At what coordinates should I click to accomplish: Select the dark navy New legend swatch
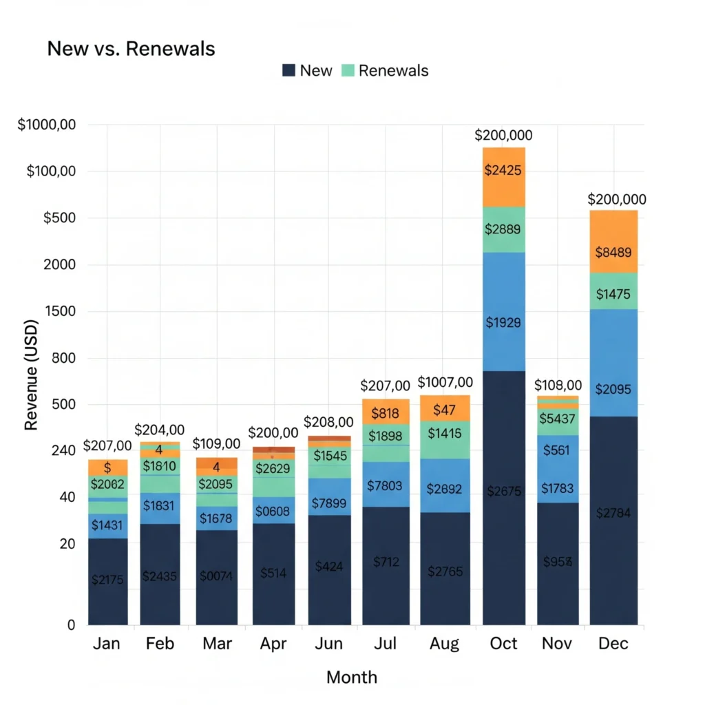tap(289, 70)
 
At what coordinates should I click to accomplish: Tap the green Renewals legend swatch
tap(348, 70)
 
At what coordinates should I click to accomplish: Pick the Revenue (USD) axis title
tap(31, 375)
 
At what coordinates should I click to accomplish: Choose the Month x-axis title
tap(352, 677)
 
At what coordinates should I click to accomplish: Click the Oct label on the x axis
tap(503, 643)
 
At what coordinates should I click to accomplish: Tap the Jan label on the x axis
tap(106, 643)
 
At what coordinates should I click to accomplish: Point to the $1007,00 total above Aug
tap(445, 382)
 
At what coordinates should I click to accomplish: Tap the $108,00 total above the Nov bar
tap(558, 385)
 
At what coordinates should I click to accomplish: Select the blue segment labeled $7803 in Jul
tap(386, 485)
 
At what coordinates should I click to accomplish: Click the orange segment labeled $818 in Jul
tap(386, 412)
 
